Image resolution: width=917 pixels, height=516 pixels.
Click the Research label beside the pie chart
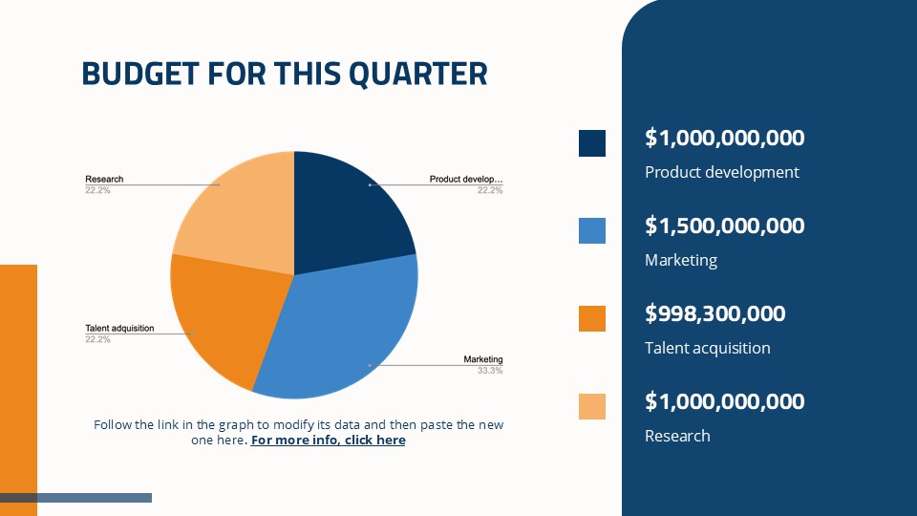tap(104, 180)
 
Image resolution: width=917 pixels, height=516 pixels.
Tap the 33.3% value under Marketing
tap(489, 370)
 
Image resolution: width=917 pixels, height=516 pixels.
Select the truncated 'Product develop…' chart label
tap(465, 180)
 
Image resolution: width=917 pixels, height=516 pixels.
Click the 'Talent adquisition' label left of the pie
tap(119, 329)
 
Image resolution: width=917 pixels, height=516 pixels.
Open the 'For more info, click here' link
tap(328, 441)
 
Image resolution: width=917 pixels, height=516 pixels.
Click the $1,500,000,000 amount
tap(724, 226)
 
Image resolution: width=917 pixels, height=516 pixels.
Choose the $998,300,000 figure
tap(714, 313)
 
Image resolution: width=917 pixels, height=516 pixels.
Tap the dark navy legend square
tap(592, 143)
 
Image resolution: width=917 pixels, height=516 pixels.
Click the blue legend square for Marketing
tap(592, 230)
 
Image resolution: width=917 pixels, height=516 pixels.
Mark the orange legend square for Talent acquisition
tap(592, 318)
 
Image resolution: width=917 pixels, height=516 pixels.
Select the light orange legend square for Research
tap(592, 406)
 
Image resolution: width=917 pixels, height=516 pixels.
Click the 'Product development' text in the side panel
tap(721, 173)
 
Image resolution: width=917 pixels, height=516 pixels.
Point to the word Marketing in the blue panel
tap(680, 261)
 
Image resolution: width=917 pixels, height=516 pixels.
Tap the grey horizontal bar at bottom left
tap(76, 498)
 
